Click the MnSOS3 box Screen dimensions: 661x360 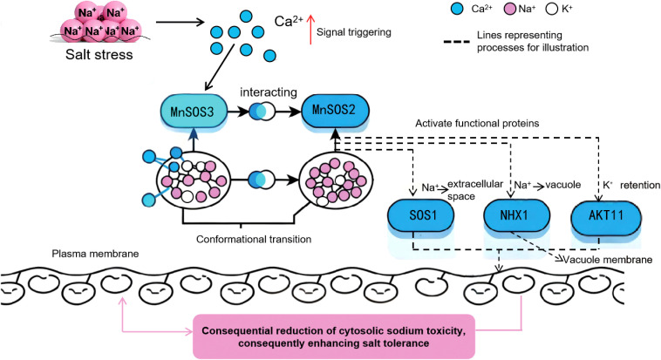click(194, 112)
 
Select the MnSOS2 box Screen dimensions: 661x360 click(335, 111)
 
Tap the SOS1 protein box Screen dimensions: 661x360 click(420, 215)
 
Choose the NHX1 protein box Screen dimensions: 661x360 click(516, 215)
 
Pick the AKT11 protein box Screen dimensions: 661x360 click(606, 215)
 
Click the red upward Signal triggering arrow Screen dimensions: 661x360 click(310, 29)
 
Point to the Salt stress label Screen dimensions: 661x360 click(99, 55)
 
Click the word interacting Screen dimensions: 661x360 click(269, 92)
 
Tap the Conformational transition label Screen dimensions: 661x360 click(254, 240)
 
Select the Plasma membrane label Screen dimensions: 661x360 click(95, 254)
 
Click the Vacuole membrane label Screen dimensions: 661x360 click(608, 260)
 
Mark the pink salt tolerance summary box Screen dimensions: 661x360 click(334, 336)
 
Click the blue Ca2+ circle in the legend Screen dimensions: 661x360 click(457, 9)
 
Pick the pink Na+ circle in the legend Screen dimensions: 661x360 click(510, 9)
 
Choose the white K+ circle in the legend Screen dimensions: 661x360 click(552, 9)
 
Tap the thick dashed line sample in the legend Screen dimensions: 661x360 click(457, 42)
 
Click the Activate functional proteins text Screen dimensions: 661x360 click(477, 124)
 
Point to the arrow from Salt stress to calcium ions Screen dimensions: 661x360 click(180, 22)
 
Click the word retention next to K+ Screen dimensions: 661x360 click(640, 185)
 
